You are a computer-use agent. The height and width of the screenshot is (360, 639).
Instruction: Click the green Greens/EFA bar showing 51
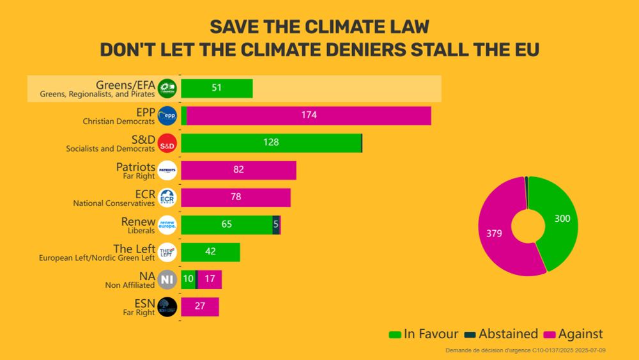pyautogui.click(x=217, y=88)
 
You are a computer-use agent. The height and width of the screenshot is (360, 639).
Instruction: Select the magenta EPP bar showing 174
pyautogui.click(x=309, y=116)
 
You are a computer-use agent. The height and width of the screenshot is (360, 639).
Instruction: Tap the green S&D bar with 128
pyautogui.click(x=271, y=143)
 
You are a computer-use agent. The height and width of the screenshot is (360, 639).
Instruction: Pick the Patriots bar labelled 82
pyautogui.click(x=238, y=170)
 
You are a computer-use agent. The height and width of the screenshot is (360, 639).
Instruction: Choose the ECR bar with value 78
pyautogui.click(x=236, y=197)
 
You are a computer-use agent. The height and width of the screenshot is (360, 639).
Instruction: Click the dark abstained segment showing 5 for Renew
pyautogui.click(x=276, y=224)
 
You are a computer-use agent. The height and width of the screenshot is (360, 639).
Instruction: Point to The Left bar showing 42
pyautogui.click(x=210, y=252)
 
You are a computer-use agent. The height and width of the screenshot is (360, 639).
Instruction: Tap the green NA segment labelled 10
pyautogui.click(x=188, y=279)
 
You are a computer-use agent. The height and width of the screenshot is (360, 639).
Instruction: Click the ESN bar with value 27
pyautogui.click(x=200, y=306)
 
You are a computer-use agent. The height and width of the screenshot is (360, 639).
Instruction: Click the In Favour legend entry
pyautogui.click(x=424, y=334)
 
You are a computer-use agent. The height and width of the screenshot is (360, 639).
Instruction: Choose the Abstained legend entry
pyautogui.click(x=502, y=334)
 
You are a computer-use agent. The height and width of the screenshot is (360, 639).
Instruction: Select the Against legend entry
pyautogui.click(x=573, y=334)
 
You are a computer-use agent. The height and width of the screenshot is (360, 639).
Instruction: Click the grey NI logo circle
pyautogui.click(x=167, y=279)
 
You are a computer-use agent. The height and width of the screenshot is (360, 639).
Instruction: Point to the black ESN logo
pyautogui.click(x=167, y=307)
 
